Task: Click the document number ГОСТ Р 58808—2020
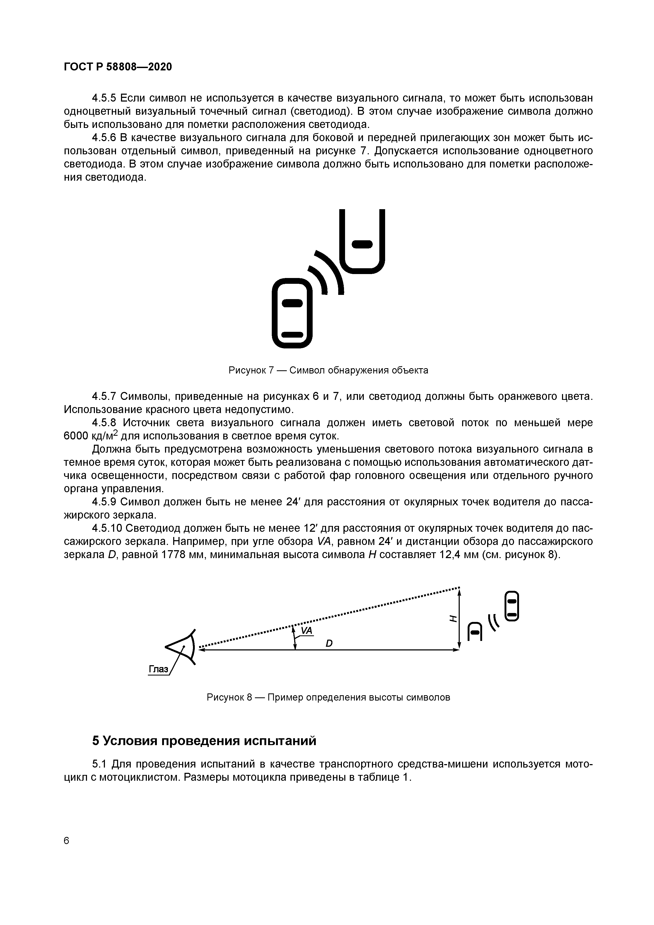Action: pyautogui.click(x=118, y=67)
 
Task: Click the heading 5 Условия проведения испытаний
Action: pyautogui.click(x=204, y=740)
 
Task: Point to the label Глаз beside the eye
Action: pyautogui.click(x=158, y=669)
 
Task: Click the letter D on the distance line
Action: pyautogui.click(x=329, y=644)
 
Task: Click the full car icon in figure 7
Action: pyautogui.click(x=292, y=313)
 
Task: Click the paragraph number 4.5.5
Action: pyautogui.click(x=104, y=98)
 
